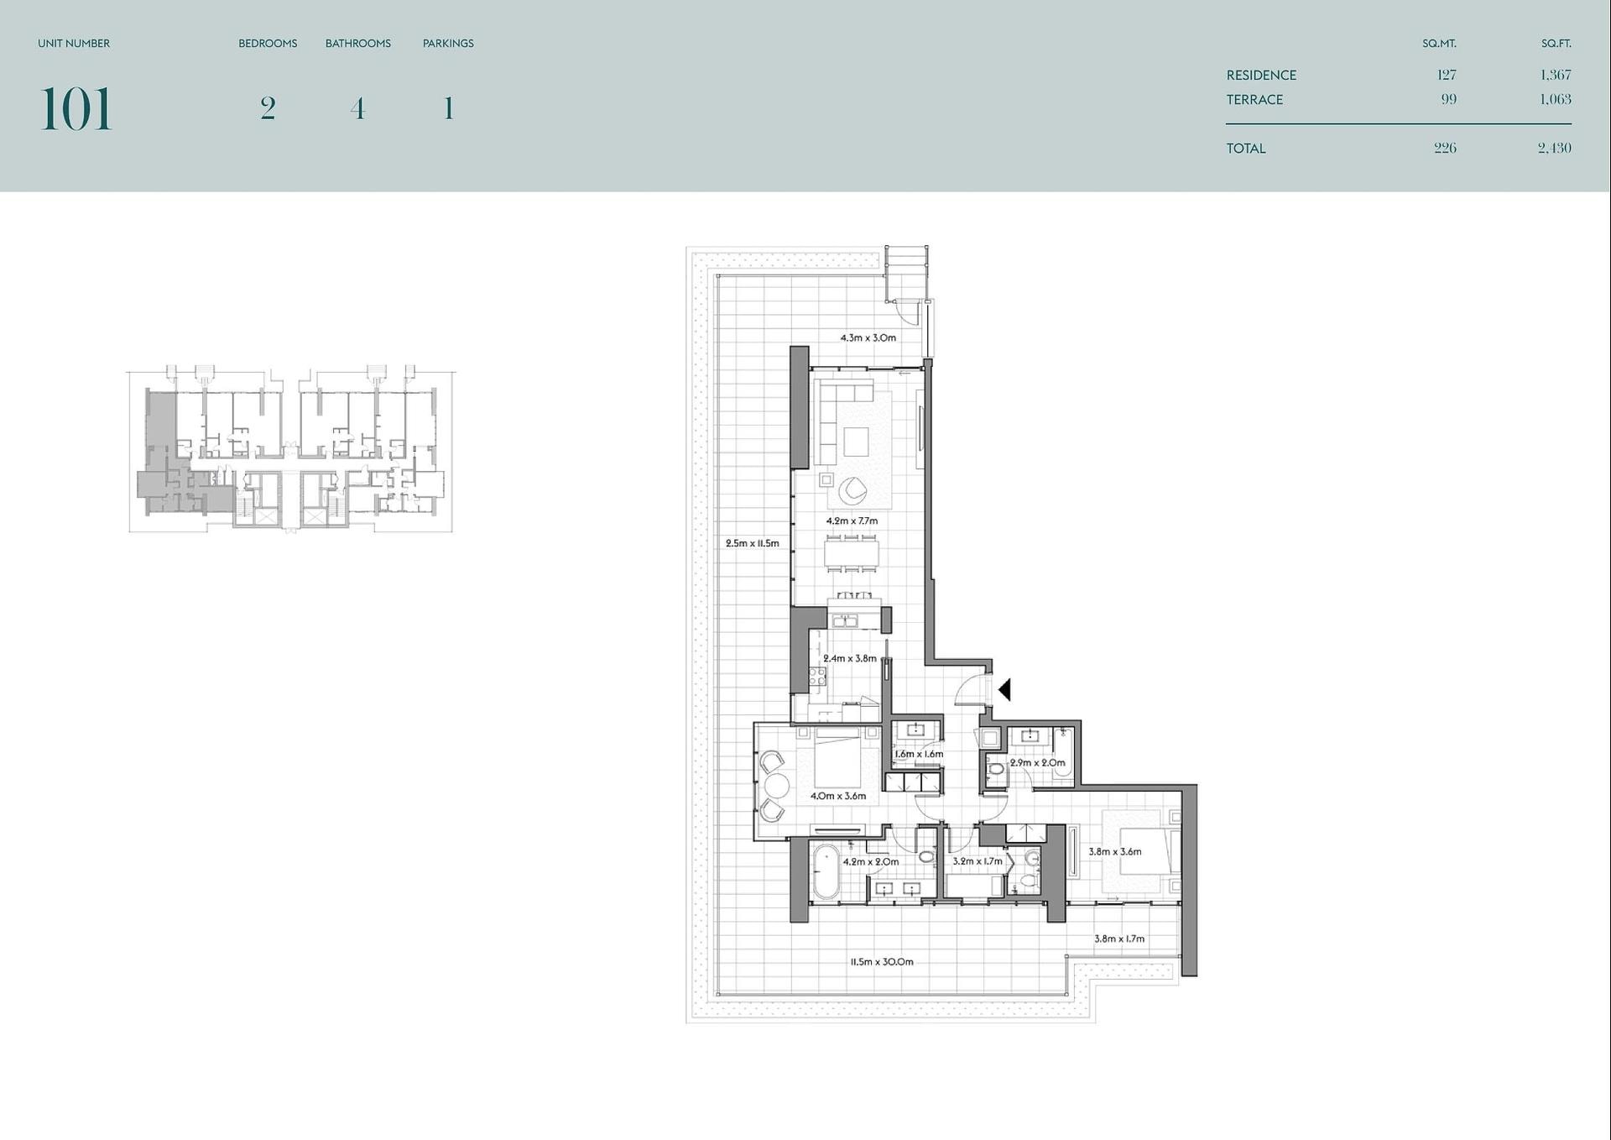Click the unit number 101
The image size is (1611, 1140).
pyautogui.click(x=76, y=109)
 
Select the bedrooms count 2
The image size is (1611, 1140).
pyautogui.click(x=268, y=108)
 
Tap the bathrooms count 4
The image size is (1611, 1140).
pyautogui.click(x=358, y=108)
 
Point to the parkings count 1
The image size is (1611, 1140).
pyautogui.click(x=449, y=108)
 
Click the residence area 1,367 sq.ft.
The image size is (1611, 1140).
pyautogui.click(x=1556, y=75)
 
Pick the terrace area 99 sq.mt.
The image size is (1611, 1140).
pyautogui.click(x=1449, y=99)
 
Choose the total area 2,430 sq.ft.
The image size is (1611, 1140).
pyautogui.click(x=1555, y=148)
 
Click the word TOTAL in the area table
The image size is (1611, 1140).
pyautogui.click(x=1246, y=149)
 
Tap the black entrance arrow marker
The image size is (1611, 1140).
pyautogui.click(x=1004, y=689)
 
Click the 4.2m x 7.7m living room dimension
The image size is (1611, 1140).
pyautogui.click(x=852, y=520)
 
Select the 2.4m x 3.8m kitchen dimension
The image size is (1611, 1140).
pyautogui.click(x=850, y=658)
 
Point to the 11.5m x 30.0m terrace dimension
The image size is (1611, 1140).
pyautogui.click(x=882, y=961)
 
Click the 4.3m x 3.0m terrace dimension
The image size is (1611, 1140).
pyautogui.click(x=868, y=337)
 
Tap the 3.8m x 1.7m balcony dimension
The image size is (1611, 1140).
pyautogui.click(x=1119, y=939)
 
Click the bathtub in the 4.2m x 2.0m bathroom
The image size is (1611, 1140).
pyautogui.click(x=826, y=872)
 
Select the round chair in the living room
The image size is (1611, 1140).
pyautogui.click(x=852, y=490)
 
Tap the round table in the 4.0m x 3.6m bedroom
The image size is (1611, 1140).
pyautogui.click(x=776, y=786)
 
